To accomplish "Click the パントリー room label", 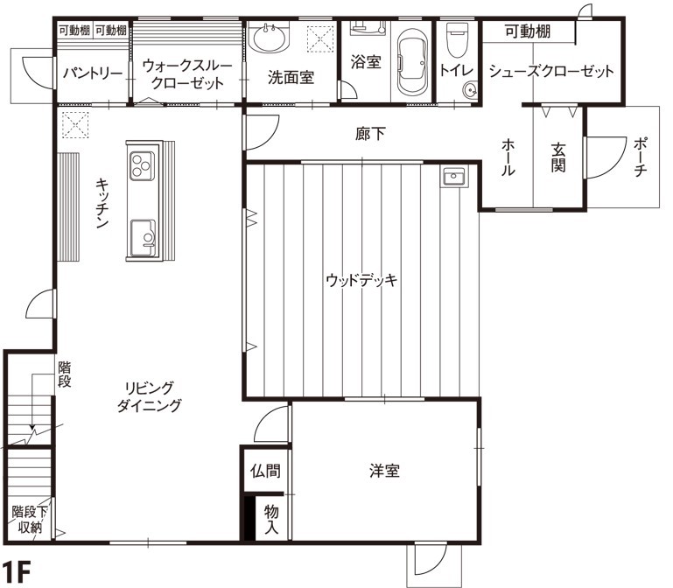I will point(92,73).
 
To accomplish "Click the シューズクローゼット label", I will point(550,72).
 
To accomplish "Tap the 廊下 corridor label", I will point(371,135).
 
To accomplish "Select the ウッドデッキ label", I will point(361,281).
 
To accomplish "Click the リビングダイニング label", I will point(151,396).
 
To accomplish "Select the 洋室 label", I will point(384,471).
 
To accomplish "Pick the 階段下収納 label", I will point(28,518).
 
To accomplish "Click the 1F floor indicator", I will point(17,573).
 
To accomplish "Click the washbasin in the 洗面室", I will point(268,38).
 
